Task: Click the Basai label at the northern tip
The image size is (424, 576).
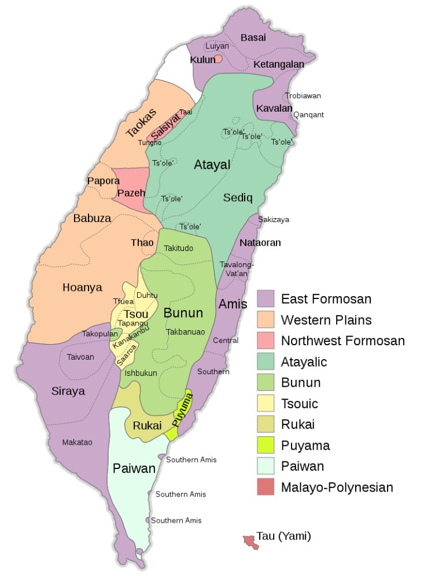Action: (253, 38)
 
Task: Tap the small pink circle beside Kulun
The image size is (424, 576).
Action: (218, 59)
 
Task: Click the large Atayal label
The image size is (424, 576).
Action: (212, 165)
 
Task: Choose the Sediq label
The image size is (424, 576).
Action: (238, 198)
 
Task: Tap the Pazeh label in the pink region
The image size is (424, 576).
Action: (131, 193)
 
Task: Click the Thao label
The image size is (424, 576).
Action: (142, 243)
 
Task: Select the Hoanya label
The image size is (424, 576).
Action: (82, 287)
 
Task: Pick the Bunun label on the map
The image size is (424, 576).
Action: (183, 313)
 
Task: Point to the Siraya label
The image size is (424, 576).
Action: (68, 391)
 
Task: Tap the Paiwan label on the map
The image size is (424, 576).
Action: (134, 468)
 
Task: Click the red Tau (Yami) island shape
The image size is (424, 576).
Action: (250, 541)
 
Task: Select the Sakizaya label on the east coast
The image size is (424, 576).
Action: (274, 220)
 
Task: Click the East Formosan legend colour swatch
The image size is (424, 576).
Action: (266, 299)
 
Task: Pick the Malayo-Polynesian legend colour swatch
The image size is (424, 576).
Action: (266, 487)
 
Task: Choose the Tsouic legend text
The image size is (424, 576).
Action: (299, 404)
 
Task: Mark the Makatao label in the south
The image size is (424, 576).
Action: (77, 442)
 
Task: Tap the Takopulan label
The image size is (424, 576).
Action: (96, 334)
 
